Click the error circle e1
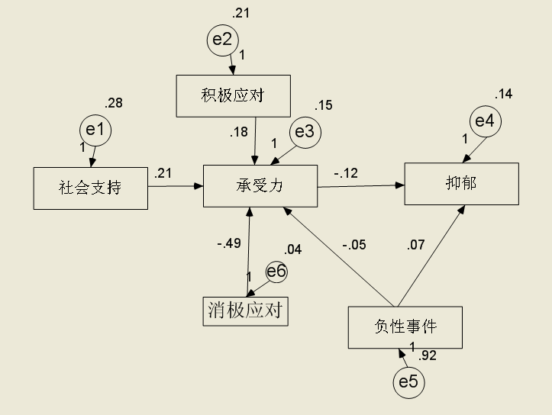pyautogui.click(x=95, y=130)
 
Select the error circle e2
pyautogui.click(x=222, y=40)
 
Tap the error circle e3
pyautogui.click(x=305, y=132)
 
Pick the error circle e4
pyautogui.click(x=485, y=121)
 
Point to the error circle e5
pyautogui.click(x=409, y=383)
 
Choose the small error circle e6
pyautogui.click(x=276, y=272)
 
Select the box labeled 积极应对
pyautogui.click(x=233, y=95)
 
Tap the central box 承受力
pyautogui.click(x=260, y=185)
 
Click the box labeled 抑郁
pyautogui.click(x=461, y=183)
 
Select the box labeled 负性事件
pyautogui.click(x=405, y=327)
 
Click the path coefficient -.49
pyautogui.click(x=228, y=243)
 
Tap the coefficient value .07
pyautogui.click(x=415, y=245)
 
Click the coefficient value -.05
pyautogui.click(x=353, y=245)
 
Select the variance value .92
pyautogui.click(x=428, y=354)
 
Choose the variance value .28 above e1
pyautogui.click(x=114, y=103)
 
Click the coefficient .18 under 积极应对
pyautogui.click(x=238, y=133)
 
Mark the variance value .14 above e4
pyautogui.click(x=504, y=95)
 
